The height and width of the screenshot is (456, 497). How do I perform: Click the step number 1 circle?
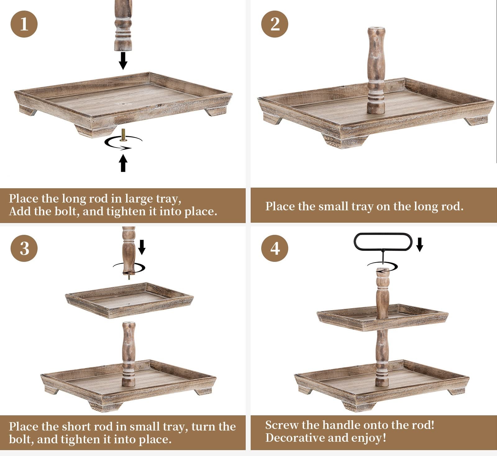[24, 24]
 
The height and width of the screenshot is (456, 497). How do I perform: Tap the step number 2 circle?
[275, 24]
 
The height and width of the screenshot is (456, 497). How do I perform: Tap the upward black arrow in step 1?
[123, 163]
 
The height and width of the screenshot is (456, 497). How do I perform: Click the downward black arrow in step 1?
[123, 61]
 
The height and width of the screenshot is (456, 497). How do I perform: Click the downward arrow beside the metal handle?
[420, 244]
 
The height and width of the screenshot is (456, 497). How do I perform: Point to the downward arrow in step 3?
[142, 247]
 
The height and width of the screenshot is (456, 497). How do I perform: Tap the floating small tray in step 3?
[130, 300]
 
